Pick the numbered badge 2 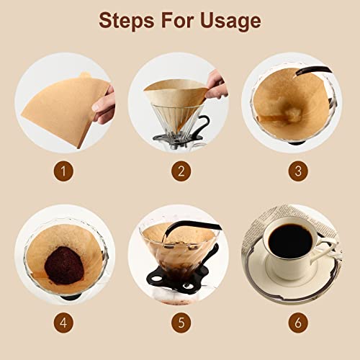point(180,172)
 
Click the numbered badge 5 point(180,322)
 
